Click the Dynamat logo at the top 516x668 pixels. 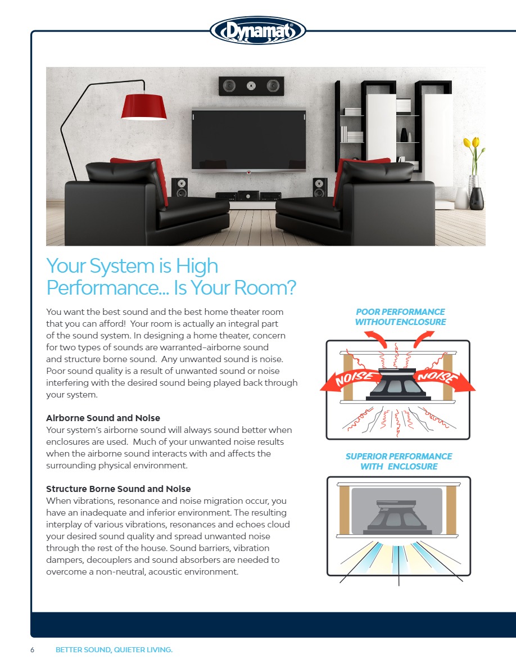pyautogui.click(x=258, y=30)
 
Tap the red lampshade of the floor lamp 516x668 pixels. pyautogui.click(x=144, y=107)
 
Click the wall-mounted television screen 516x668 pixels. pyautogui.click(x=248, y=139)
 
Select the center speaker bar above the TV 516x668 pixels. pyautogui.click(x=251, y=85)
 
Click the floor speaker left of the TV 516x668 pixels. pyautogui.click(x=180, y=187)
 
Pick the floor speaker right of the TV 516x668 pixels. pyautogui.click(x=320, y=187)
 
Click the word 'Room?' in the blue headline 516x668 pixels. pyautogui.click(x=264, y=287)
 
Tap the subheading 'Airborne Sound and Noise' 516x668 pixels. pyautogui.click(x=103, y=418)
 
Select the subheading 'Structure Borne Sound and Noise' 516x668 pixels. pyautogui.click(x=119, y=489)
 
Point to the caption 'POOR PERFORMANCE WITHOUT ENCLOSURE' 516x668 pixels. pyautogui.click(x=400, y=317)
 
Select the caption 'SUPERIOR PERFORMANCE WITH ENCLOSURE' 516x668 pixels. pyautogui.click(x=399, y=462)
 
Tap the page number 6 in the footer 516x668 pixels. pyautogui.click(x=33, y=649)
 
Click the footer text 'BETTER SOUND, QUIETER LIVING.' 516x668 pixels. pyautogui.click(x=114, y=649)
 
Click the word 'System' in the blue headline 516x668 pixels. pyautogui.click(x=122, y=267)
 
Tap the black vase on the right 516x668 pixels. pyautogui.click(x=477, y=198)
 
